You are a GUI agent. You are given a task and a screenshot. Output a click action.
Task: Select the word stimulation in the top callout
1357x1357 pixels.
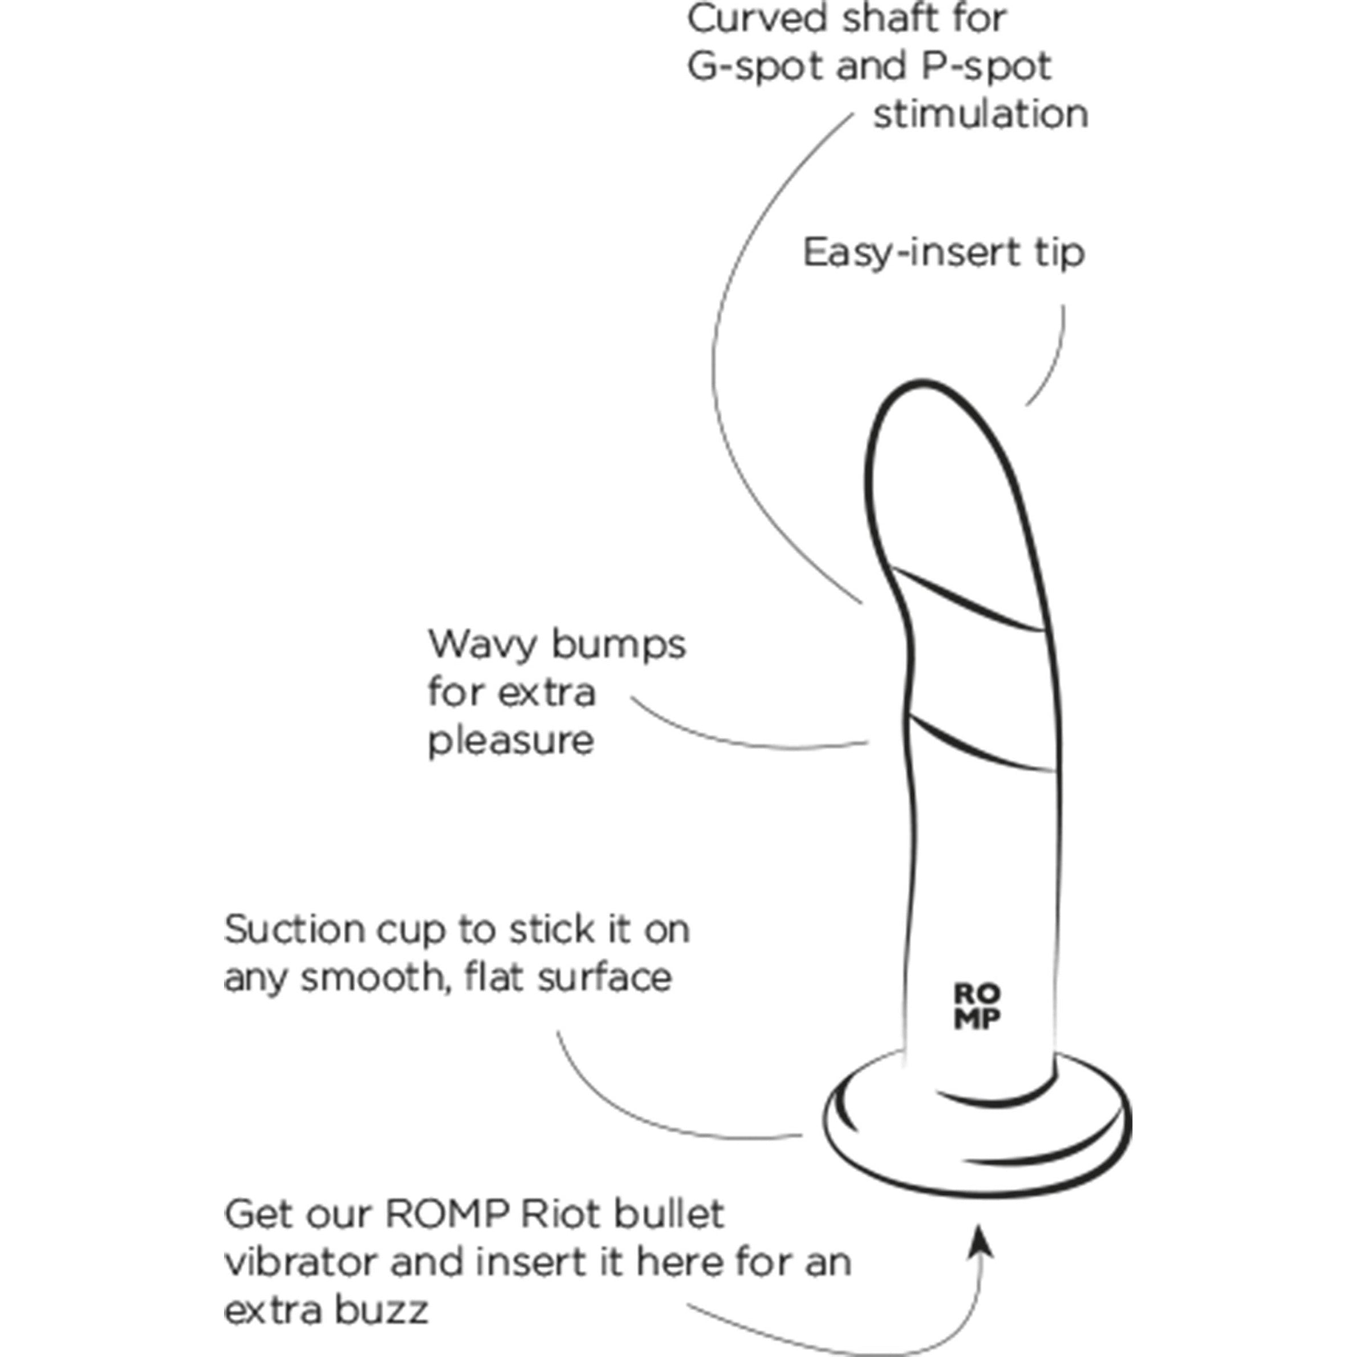click(981, 114)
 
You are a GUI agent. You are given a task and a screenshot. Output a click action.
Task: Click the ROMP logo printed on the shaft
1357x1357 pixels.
click(977, 1006)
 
